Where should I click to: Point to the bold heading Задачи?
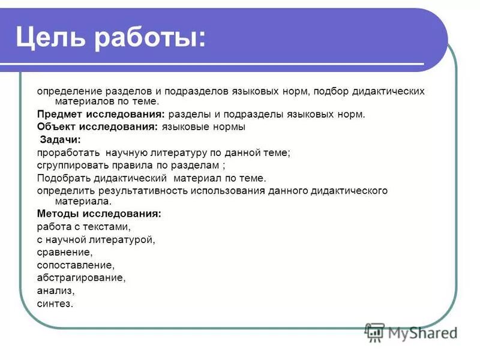click(x=59, y=140)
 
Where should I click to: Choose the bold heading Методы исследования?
click(x=99, y=213)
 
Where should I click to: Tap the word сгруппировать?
click(x=73, y=166)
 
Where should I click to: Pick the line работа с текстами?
click(x=83, y=226)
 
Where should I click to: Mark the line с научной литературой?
click(x=96, y=239)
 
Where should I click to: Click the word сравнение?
click(x=64, y=253)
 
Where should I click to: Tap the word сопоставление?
click(x=75, y=265)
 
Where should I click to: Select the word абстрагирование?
click(x=81, y=278)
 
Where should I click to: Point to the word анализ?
click(x=55, y=291)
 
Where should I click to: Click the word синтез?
click(x=55, y=304)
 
